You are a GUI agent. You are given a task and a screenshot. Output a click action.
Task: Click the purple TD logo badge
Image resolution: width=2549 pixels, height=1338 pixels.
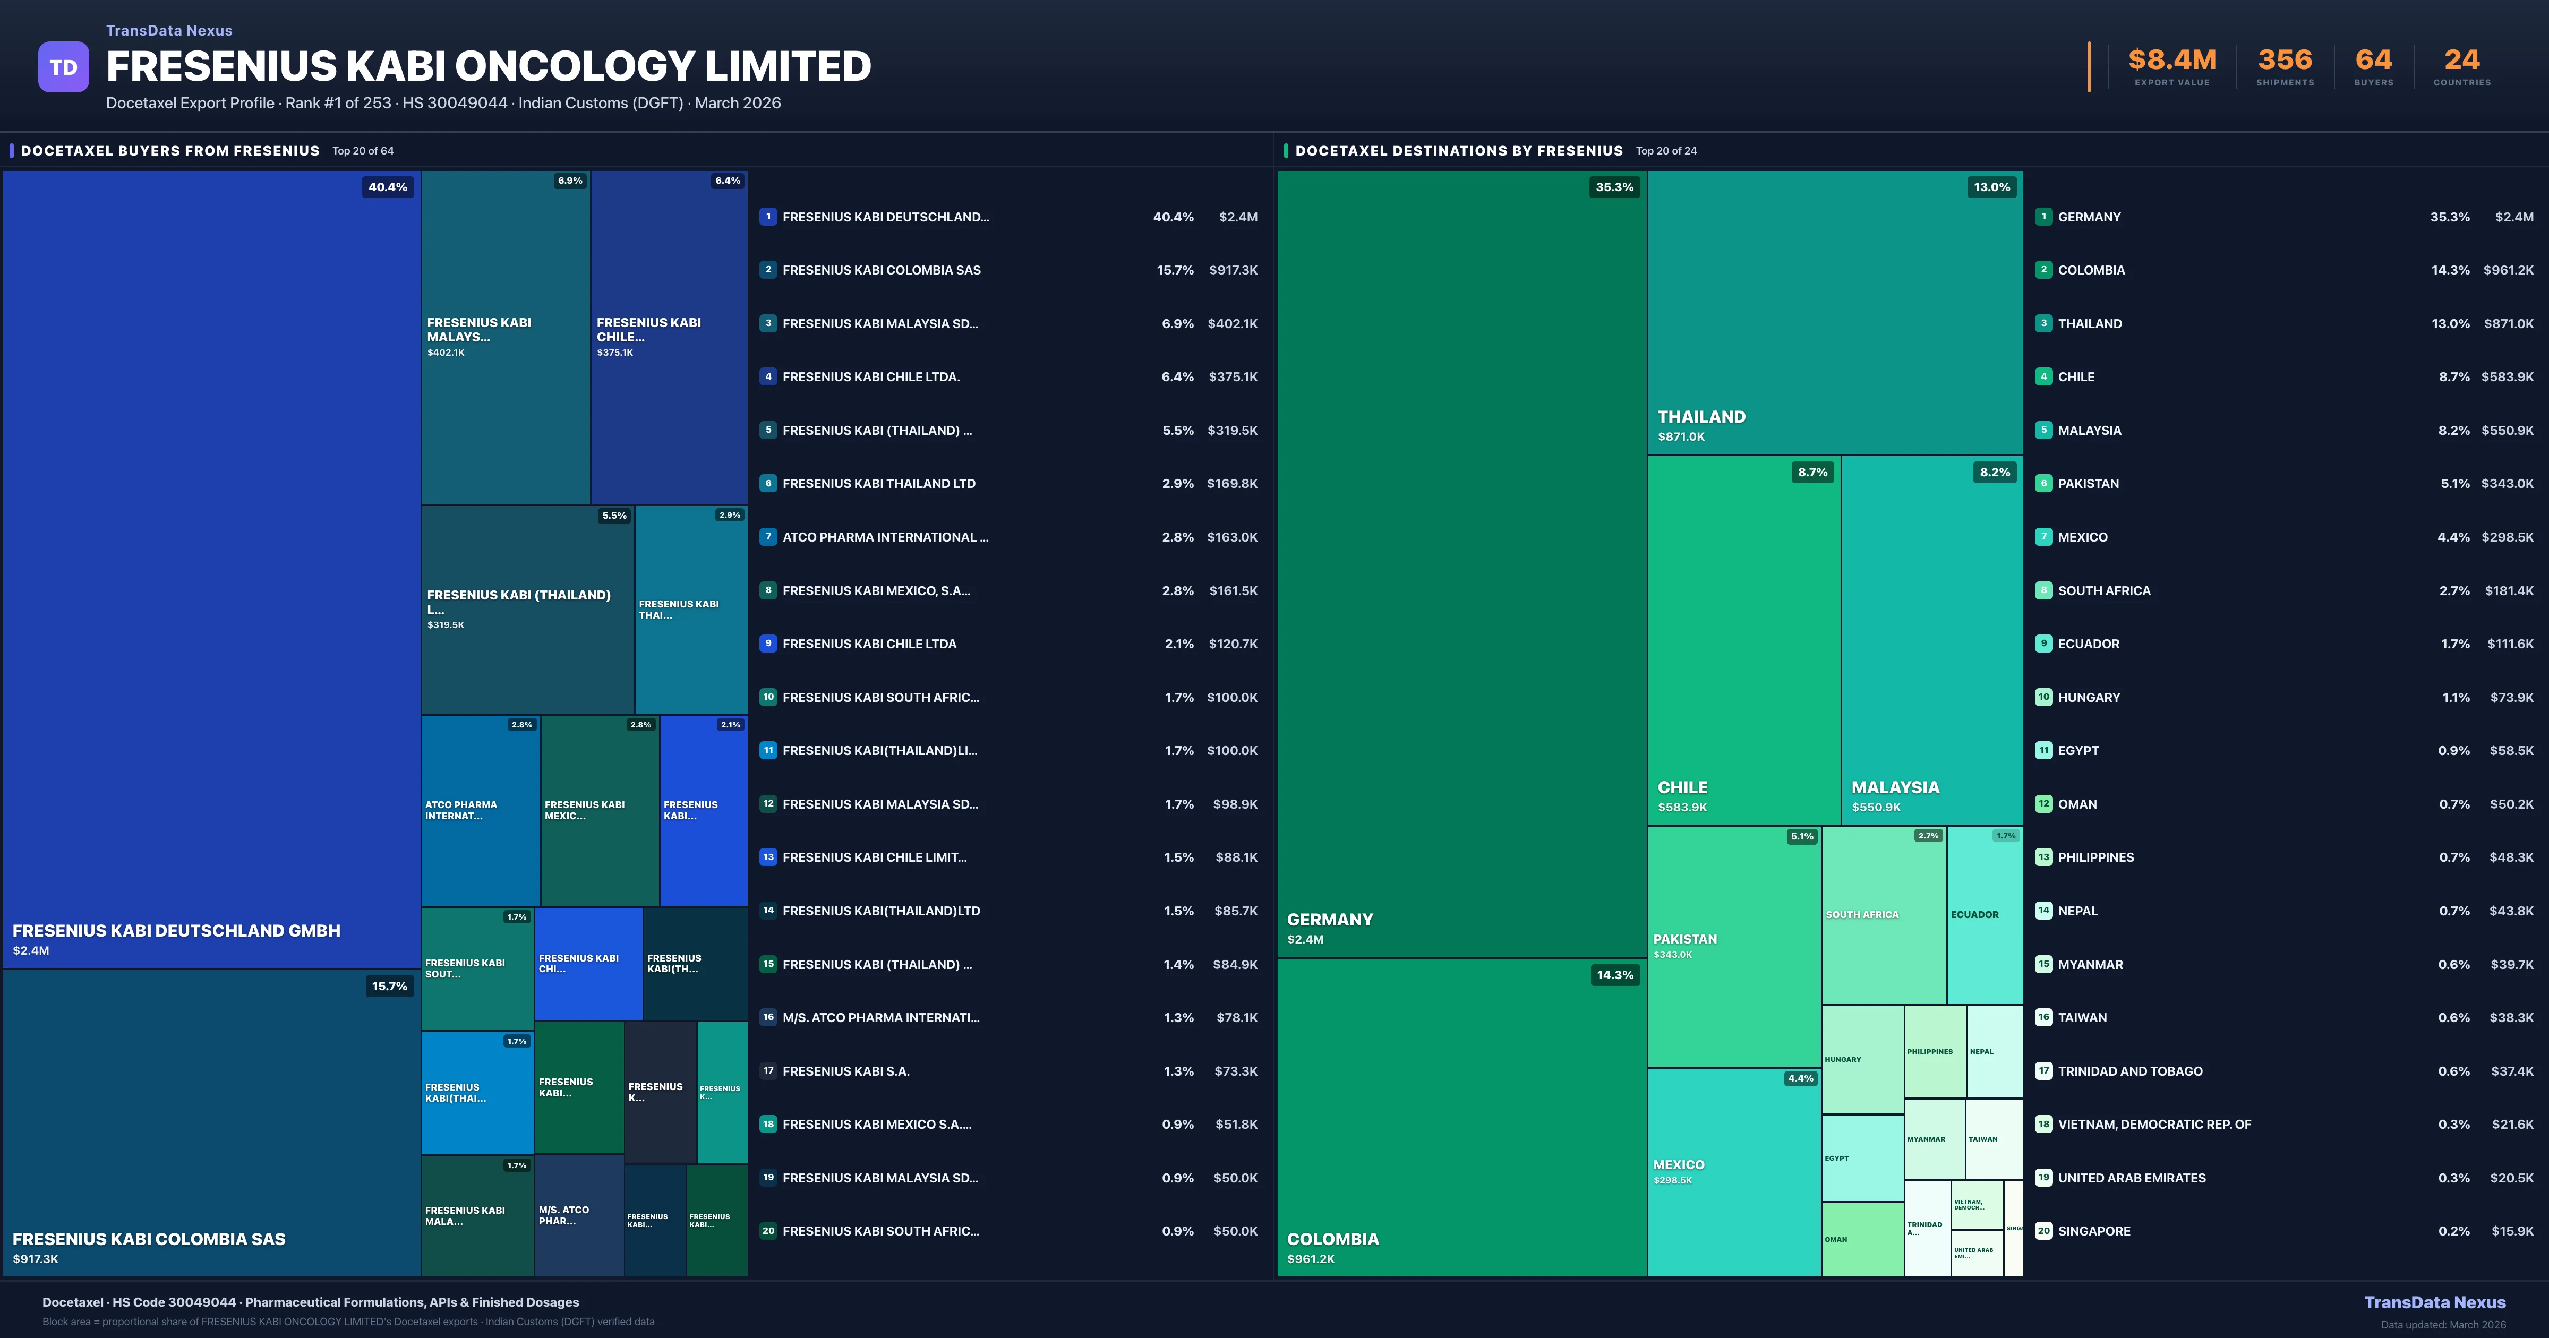(x=63, y=67)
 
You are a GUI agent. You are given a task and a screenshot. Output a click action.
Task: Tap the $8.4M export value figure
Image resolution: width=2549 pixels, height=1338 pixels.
(x=2172, y=61)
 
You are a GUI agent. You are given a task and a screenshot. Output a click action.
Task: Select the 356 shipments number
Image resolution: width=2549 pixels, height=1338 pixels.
(x=2285, y=61)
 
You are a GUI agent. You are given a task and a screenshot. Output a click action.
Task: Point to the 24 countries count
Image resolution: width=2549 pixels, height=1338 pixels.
(x=2462, y=61)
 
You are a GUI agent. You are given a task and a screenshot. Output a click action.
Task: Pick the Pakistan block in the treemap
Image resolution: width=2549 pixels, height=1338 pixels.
(x=1734, y=946)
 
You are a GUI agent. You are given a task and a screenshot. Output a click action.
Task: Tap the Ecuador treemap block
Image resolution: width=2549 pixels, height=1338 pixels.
(x=1984, y=914)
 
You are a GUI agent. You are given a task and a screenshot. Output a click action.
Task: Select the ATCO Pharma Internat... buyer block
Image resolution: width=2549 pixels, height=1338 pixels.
(x=480, y=810)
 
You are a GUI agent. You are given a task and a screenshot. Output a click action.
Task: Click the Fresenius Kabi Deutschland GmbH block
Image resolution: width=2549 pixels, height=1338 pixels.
(x=212, y=569)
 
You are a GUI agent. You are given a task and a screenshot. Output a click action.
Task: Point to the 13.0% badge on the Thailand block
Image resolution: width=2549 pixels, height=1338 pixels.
(x=1991, y=187)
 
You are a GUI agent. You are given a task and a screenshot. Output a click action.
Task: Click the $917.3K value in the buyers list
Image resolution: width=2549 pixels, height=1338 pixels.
(x=1233, y=270)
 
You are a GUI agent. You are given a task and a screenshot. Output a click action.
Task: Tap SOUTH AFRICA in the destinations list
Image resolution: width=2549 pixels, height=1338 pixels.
(x=2103, y=591)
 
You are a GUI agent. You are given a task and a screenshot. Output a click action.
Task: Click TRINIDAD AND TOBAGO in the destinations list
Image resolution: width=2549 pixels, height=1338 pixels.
(x=2129, y=1071)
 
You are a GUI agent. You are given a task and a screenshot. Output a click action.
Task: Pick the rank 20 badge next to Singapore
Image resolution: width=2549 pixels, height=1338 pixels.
(x=2043, y=1231)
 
